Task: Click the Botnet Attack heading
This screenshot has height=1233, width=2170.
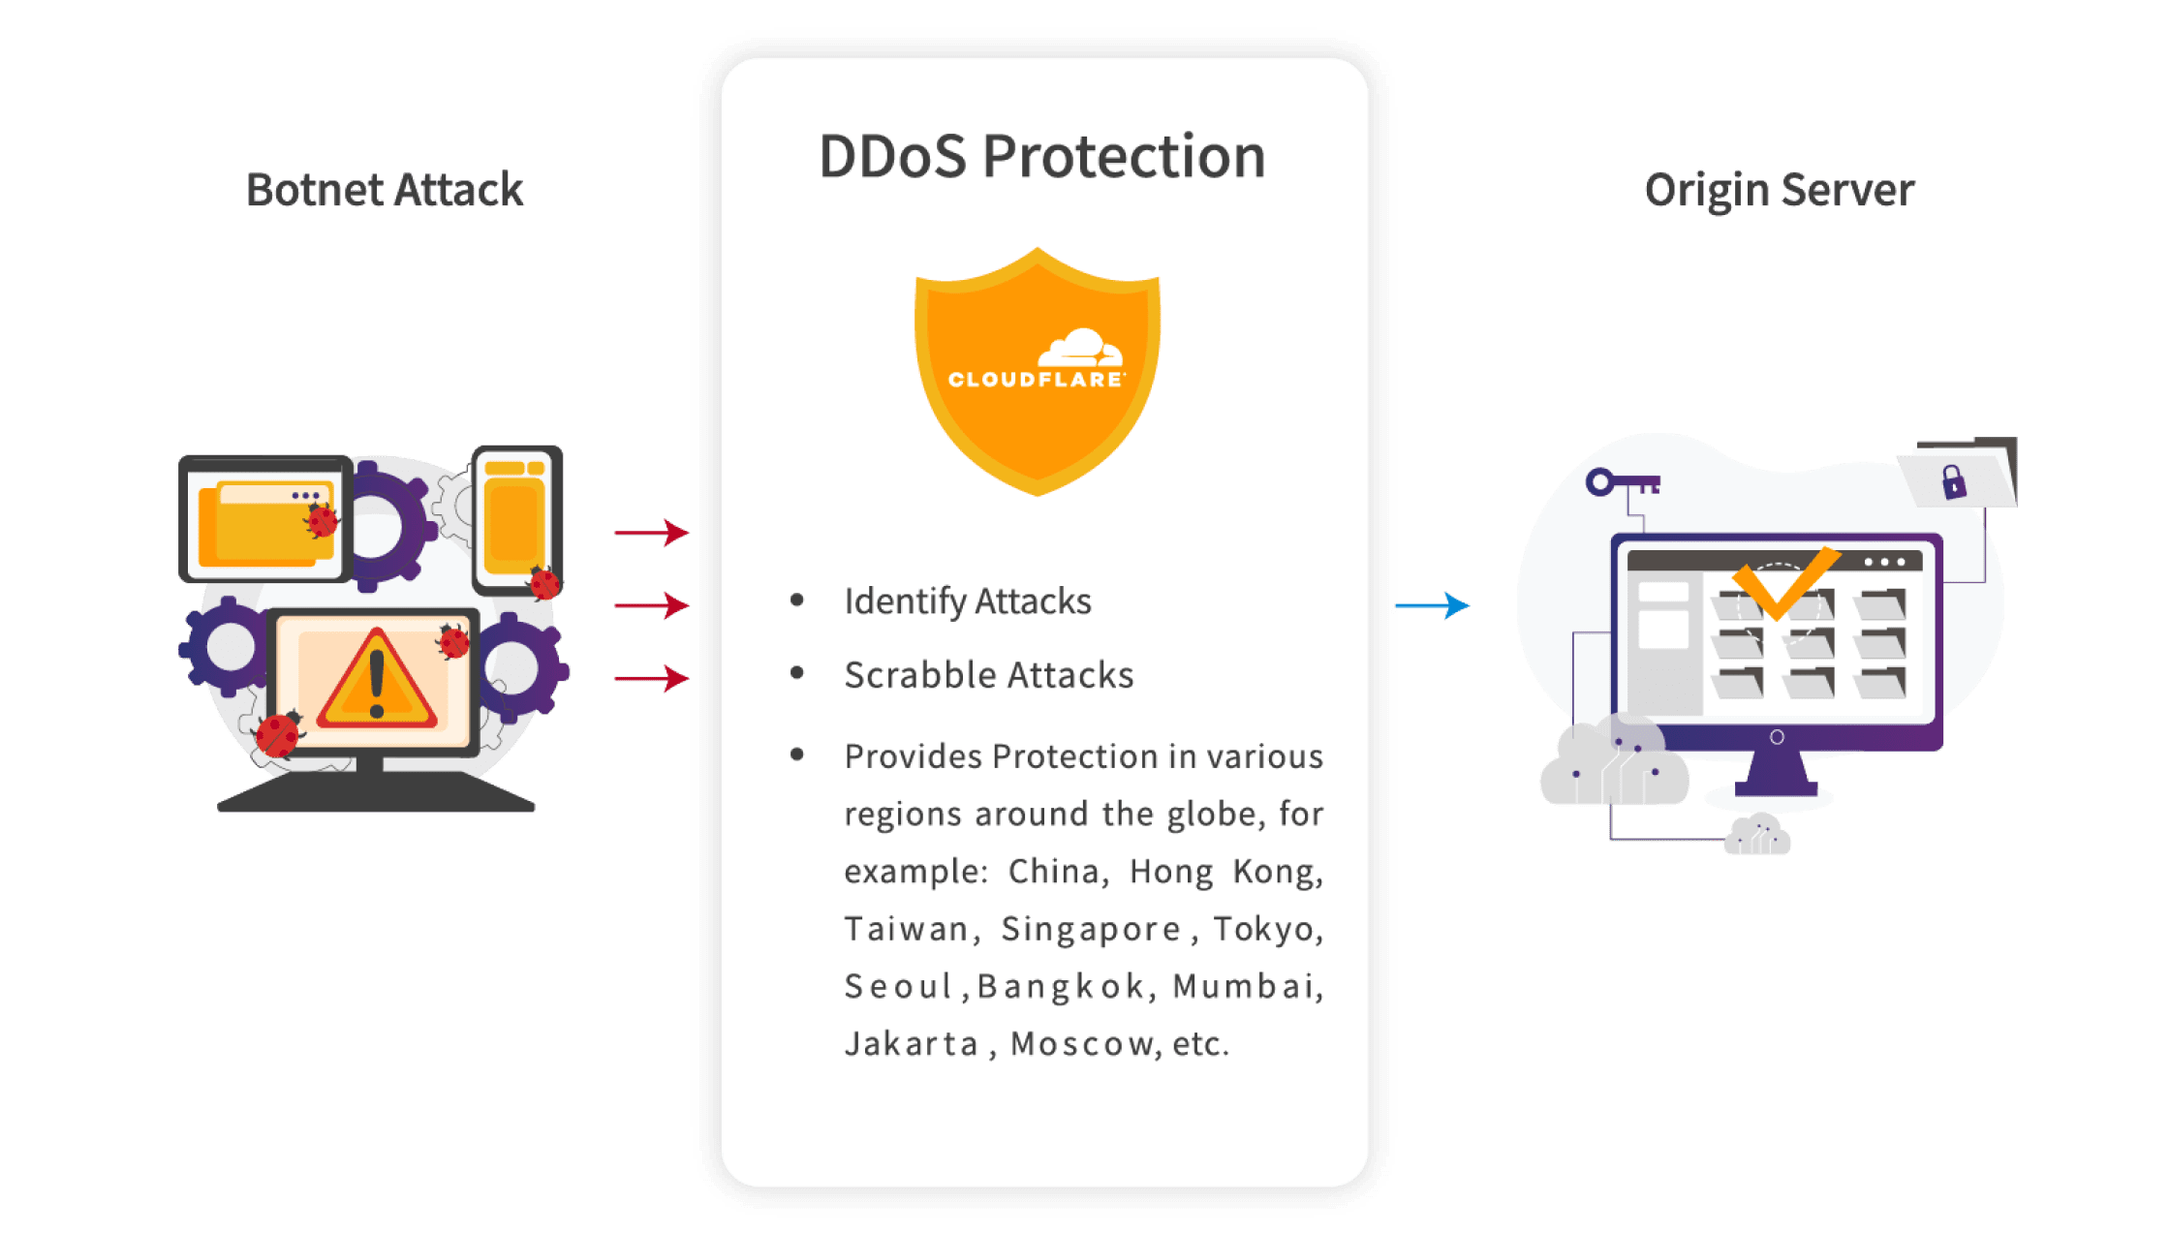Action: pos(385,190)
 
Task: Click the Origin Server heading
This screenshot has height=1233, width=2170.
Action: pos(1779,190)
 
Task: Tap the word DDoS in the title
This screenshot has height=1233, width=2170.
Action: pos(892,157)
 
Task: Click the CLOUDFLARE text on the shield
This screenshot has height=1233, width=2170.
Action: pos(1036,380)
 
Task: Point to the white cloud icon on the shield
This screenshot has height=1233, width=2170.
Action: pos(1079,348)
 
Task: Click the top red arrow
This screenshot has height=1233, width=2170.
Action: pos(651,532)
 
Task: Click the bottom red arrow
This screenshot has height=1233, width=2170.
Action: pos(651,678)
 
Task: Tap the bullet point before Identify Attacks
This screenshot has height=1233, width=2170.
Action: pos(797,601)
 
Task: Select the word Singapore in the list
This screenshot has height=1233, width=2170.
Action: pos(1091,929)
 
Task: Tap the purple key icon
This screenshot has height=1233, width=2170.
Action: pos(1622,482)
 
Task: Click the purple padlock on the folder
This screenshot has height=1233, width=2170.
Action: pos(1953,481)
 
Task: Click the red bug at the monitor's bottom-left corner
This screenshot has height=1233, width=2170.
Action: pos(278,734)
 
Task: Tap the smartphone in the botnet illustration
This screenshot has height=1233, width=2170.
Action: pos(516,520)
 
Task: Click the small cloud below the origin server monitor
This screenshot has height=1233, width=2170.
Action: pos(1756,836)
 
